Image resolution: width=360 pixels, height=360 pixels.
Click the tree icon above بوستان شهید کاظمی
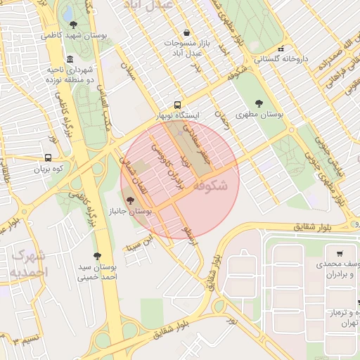(x=73, y=25)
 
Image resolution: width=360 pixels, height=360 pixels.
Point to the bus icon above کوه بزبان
(x=48, y=158)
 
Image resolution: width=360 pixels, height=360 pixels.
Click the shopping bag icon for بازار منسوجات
(x=186, y=32)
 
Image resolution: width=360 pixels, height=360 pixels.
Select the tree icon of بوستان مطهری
(x=259, y=103)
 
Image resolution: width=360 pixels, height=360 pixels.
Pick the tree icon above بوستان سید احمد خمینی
(x=96, y=256)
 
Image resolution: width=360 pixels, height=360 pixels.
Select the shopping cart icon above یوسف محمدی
(x=340, y=254)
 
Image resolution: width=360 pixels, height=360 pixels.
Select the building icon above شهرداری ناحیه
(x=70, y=59)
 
